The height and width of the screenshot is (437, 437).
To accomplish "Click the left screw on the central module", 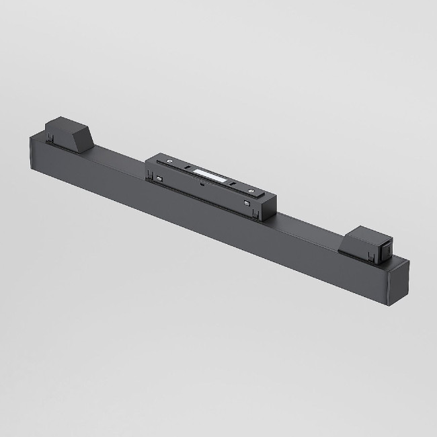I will tap(169, 162).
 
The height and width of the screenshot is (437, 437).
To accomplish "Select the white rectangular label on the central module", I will tap(210, 177).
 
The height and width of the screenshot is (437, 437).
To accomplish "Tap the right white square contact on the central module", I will tap(247, 203).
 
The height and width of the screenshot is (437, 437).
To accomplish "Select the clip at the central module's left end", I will tap(149, 176).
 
